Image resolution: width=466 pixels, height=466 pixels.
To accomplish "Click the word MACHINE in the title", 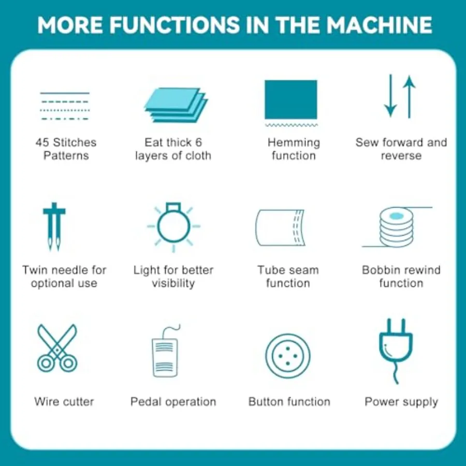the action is [379, 25].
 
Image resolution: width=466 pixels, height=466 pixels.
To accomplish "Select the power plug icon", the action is [396, 351].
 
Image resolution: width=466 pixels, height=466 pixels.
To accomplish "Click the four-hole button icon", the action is [288, 356].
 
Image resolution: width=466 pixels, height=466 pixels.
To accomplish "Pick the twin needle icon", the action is [54, 226].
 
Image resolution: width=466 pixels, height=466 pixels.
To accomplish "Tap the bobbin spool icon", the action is [397, 227].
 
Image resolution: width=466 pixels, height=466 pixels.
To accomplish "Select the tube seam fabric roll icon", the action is [280, 228].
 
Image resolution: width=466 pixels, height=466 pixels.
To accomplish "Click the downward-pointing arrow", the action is [390, 96].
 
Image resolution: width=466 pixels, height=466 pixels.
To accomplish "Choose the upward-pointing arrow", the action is [409, 97].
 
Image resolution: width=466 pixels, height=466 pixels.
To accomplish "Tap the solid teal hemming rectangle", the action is [291, 99].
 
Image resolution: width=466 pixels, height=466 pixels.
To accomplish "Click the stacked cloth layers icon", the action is [176, 105].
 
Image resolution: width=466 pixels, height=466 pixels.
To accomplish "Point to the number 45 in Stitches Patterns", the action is [42, 142].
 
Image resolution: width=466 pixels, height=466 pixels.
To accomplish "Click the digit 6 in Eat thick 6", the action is [198, 142].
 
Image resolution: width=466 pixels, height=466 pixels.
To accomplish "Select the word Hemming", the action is [294, 143].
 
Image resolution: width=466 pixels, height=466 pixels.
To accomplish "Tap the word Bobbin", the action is [379, 270].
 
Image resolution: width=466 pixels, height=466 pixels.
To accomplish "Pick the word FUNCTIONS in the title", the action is [175, 25].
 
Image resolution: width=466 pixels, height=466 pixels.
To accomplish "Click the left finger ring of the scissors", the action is [46, 363].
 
